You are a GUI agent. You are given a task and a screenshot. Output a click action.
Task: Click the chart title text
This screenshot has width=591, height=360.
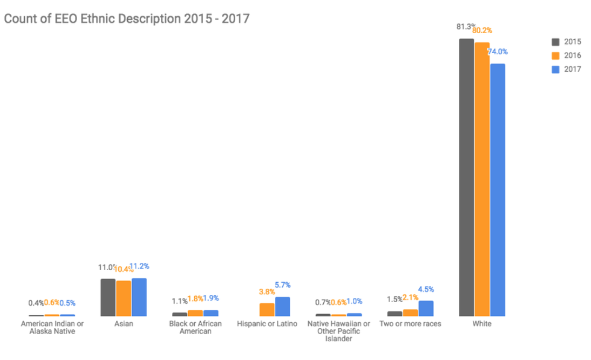point(127,19)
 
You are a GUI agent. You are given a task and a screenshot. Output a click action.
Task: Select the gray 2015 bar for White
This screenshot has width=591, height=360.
point(466,177)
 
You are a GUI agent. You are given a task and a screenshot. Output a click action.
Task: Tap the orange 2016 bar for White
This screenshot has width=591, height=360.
point(482,179)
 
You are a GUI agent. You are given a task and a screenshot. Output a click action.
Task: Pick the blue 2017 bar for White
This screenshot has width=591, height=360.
point(498,189)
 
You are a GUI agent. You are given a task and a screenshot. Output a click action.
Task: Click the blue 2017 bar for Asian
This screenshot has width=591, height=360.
point(139,297)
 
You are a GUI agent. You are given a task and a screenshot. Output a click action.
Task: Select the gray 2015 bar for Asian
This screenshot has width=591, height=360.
point(108,297)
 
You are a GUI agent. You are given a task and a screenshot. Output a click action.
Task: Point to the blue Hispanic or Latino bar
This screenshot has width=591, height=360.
point(282,306)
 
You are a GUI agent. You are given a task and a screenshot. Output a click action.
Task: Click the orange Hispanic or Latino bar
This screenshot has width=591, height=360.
point(267,309)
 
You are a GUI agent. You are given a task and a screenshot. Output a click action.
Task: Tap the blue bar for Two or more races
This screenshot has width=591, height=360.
point(426,308)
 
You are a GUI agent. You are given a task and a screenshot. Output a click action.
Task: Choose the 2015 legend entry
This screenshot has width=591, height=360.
point(566,42)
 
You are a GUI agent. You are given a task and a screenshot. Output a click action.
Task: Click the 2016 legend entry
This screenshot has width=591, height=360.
point(566,55)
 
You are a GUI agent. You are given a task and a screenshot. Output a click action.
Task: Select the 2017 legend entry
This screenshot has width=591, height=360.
point(566,69)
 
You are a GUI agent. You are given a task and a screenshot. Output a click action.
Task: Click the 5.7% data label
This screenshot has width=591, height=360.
point(282,285)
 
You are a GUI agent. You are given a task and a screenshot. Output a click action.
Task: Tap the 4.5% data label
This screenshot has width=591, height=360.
point(426,289)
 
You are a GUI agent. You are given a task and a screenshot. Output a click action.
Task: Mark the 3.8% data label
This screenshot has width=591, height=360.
point(267,292)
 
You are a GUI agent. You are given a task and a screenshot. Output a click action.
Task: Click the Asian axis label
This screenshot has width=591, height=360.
point(124,324)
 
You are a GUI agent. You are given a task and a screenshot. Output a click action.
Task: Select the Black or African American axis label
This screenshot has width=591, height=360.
point(195,327)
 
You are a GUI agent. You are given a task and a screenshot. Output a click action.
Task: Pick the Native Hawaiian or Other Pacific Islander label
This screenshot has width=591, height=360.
point(338,331)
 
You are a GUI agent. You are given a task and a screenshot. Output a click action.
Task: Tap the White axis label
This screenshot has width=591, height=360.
point(482,324)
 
